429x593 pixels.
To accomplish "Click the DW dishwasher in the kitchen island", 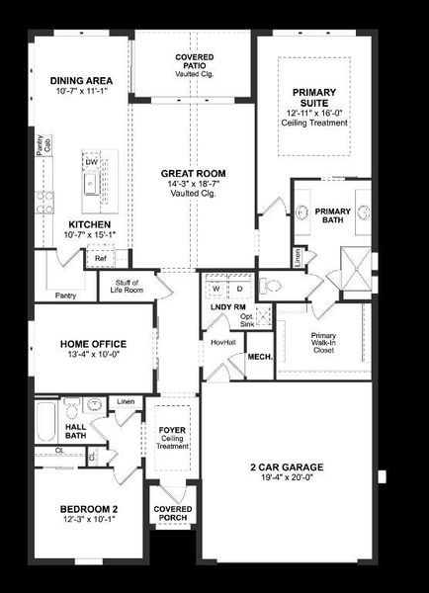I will tap(91, 160).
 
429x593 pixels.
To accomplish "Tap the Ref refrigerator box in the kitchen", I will tap(101, 259).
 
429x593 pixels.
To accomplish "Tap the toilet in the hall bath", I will tap(70, 405).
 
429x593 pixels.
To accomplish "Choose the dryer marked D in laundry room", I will tap(237, 290).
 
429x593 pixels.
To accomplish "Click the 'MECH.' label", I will tap(260, 357).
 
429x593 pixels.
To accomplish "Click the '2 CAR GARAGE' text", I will tap(287, 466).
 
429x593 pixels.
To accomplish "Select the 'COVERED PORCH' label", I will tap(173, 515).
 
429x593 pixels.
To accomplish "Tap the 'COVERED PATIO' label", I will tap(195, 61).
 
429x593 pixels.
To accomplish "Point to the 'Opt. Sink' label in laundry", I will tap(247, 320).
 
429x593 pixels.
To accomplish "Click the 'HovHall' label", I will tap(222, 342).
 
